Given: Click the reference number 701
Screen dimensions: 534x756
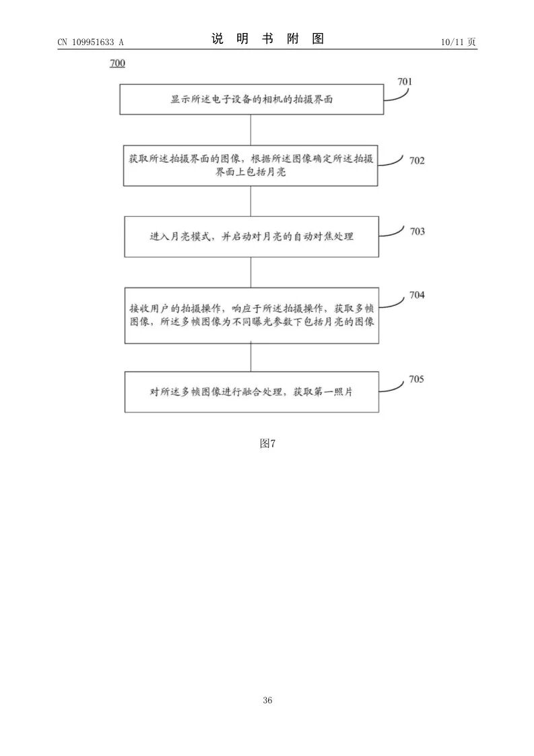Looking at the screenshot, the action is (x=404, y=82).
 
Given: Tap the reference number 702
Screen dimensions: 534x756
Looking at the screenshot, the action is (x=417, y=160).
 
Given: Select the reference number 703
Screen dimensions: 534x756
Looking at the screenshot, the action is (x=417, y=231).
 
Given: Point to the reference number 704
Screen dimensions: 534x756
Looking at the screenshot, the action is (x=417, y=295).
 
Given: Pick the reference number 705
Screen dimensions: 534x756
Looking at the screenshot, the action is (x=416, y=379).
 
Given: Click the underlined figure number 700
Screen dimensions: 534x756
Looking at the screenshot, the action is (x=116, y=64).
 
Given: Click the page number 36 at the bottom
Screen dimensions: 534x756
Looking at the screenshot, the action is (x=267, y=701).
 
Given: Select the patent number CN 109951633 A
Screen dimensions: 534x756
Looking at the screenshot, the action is (x=90, y=42).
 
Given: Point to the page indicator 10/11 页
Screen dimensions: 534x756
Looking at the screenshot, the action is (x=458, y=42).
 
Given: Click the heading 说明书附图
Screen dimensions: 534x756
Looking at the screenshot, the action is (x=267, y=39).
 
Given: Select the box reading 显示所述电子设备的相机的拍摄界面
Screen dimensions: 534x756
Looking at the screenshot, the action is (x=251, y=99).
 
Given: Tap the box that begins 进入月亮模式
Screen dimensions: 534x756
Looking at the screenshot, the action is (x=251, y=237).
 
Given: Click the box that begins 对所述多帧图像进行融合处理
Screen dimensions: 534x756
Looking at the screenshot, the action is (x=251, y=391).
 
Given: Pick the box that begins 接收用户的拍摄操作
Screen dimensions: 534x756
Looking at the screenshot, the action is (x=251, y=315).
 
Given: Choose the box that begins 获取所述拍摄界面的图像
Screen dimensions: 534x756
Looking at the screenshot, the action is (x=251, y=165).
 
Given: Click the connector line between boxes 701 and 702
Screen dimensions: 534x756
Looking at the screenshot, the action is (x=251, y=129).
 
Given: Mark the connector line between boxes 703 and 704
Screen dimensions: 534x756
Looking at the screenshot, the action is (x=251, y=272).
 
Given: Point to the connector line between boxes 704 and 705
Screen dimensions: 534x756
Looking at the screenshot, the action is (x=251, y=357).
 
